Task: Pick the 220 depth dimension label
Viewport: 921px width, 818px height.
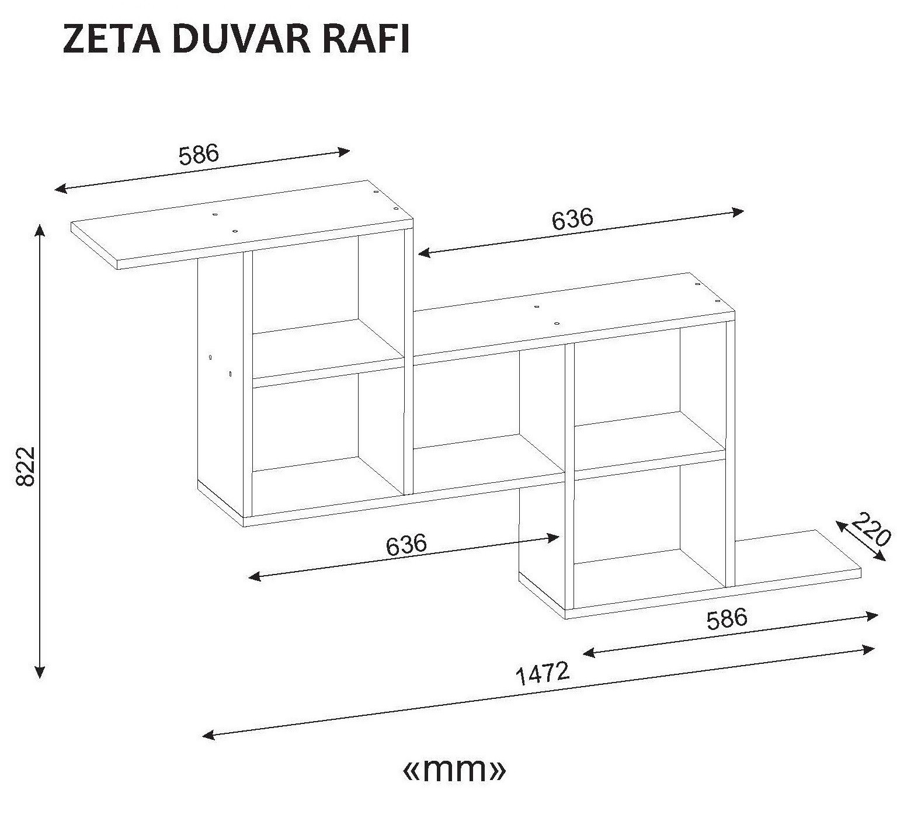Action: [x=870, y=528]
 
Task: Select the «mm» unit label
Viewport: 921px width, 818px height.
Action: [x=454, y=770]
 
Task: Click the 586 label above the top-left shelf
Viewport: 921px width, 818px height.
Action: [x=199, y=154]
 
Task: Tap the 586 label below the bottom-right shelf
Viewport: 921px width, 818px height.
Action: [x=727, y=619]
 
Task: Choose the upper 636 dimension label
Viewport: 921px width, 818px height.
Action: [x=572, y=219]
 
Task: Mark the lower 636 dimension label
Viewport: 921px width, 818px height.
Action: [x=406, y=545]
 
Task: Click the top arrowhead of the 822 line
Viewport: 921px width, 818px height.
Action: [x=40, y=229]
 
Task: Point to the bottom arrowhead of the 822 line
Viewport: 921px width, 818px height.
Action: [x=40, y=672]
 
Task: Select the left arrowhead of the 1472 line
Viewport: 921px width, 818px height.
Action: [x=208, y=735]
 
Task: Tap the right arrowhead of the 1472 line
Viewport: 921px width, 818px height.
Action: [x=868, y=649]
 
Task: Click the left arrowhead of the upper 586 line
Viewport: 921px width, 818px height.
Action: [x=61, y=189]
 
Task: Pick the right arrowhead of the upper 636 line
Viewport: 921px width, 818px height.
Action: [x=738, y=212]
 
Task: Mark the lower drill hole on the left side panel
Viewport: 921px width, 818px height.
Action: [x=230, y=373]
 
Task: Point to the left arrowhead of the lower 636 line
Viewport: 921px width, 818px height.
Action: [x=255, y=577]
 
